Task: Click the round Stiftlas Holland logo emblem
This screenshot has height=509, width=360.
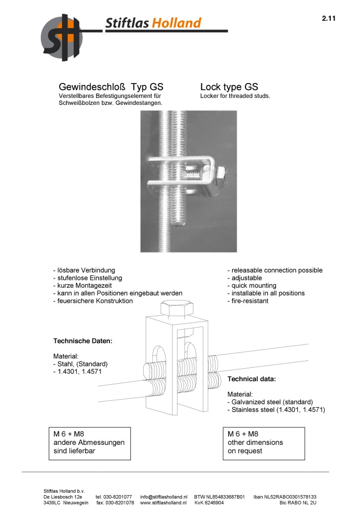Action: pyautogui.click(x=61, y=37)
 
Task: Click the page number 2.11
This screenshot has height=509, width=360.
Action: pyautogui.click(x=329, y=18)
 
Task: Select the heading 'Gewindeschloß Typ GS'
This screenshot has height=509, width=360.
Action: pyautogui.click(x=111, y=86)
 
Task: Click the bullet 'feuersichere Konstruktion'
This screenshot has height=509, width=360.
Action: pyautogui.click(x=93, y=301)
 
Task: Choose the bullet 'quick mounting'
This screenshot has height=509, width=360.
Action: pyautogui.click(x=252, y=286)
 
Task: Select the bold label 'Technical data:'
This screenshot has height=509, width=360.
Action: pyautogui.click(x=252, y=379)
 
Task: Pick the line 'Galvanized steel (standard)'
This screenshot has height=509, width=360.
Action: pyautogui.click(x=271, y=402)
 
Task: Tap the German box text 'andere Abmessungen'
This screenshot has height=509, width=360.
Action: pyautogui.click(x=89, y=442)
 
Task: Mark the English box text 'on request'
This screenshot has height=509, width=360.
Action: pyautogui.click(x=245, y=451)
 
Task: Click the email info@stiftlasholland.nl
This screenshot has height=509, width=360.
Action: pyautogui.click(x=164, y=497)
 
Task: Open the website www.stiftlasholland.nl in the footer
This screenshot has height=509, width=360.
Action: pyautogui.click(x=164, y=503)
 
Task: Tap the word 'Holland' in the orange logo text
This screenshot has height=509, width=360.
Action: pyautogui.click(x=177, y=23)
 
